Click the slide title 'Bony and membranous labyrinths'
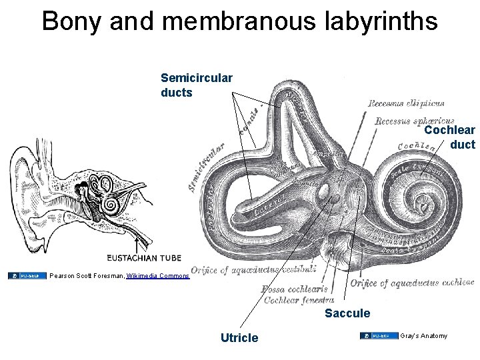pyautogui.click(x=240, y=21)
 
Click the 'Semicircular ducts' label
pyautogui.click(x=197, y=85)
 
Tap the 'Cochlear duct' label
pyautogui.click(x=450, y=137)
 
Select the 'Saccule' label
pyautogui.click(x=347, y=313)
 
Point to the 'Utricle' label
pyautogui.click(x=239, y=338)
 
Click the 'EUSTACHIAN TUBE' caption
pyautogui.click(x=143, y=257)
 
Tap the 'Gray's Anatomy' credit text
pyautogui.click(x=425, y=335)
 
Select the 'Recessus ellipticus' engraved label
pyautogui.click(x=405, y=103)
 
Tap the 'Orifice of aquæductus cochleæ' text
pyautogui.click(x=411, y=283)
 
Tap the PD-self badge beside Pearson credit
pyautogui.click(x=27, y=275)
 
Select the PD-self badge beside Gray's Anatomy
pyautogui.click(x=379, y=335)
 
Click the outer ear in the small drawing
pyautogui.click(x=27, y=193)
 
